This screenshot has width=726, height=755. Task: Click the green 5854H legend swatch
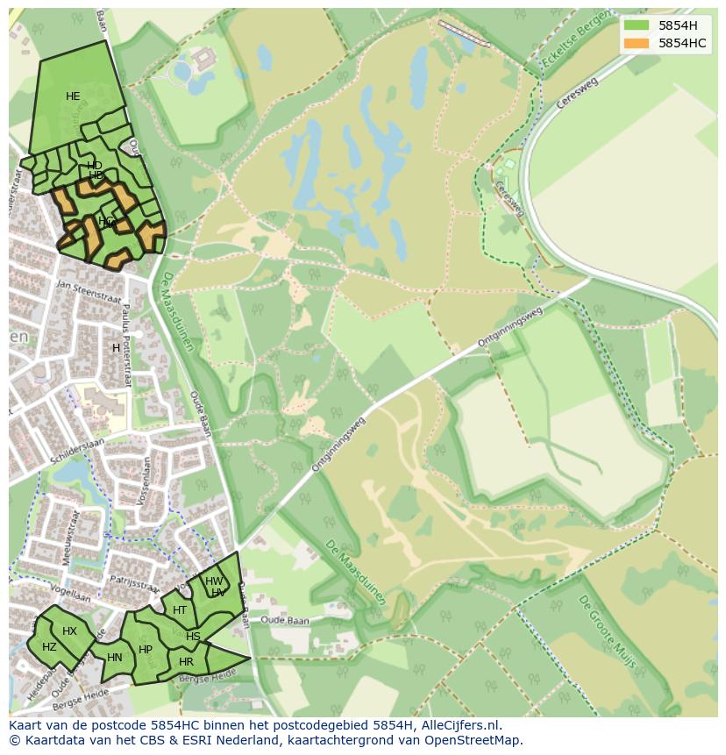637,25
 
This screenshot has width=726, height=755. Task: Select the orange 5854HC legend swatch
637,43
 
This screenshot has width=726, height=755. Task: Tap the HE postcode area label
73,96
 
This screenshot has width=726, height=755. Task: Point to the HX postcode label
69,631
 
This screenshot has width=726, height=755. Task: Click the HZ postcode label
49,647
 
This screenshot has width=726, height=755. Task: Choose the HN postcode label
115,658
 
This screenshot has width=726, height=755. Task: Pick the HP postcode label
146,650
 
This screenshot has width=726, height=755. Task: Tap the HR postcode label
186,662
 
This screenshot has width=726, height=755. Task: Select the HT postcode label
180,610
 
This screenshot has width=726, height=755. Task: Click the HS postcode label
193,637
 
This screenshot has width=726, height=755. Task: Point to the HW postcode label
213,581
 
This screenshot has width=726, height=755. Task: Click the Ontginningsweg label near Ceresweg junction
510,326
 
